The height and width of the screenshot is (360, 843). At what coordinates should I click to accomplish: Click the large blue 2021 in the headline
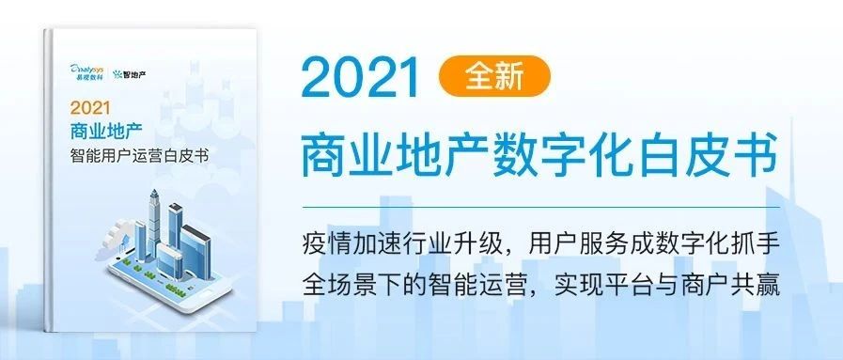click(361, 77)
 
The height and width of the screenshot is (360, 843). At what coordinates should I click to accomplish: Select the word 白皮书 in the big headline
click(711, 152)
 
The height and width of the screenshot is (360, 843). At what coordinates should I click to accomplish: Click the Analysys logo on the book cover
click(86, 70)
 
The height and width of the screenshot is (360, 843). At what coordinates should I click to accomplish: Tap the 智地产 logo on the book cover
click(130, 73)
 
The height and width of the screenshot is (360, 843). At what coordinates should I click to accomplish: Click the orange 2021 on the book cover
click(90, 108)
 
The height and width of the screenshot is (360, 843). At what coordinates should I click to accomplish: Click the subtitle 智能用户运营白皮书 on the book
click(139, 156)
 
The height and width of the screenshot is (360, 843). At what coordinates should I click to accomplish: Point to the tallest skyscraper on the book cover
click(154, 223)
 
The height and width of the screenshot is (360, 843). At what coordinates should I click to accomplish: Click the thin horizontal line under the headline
click(540, 207)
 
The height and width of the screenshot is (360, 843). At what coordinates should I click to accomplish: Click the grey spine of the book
click(49, 181)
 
